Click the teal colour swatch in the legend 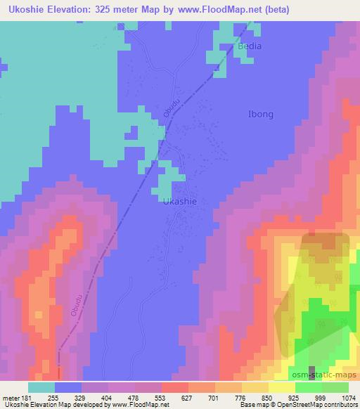point(41,387)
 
